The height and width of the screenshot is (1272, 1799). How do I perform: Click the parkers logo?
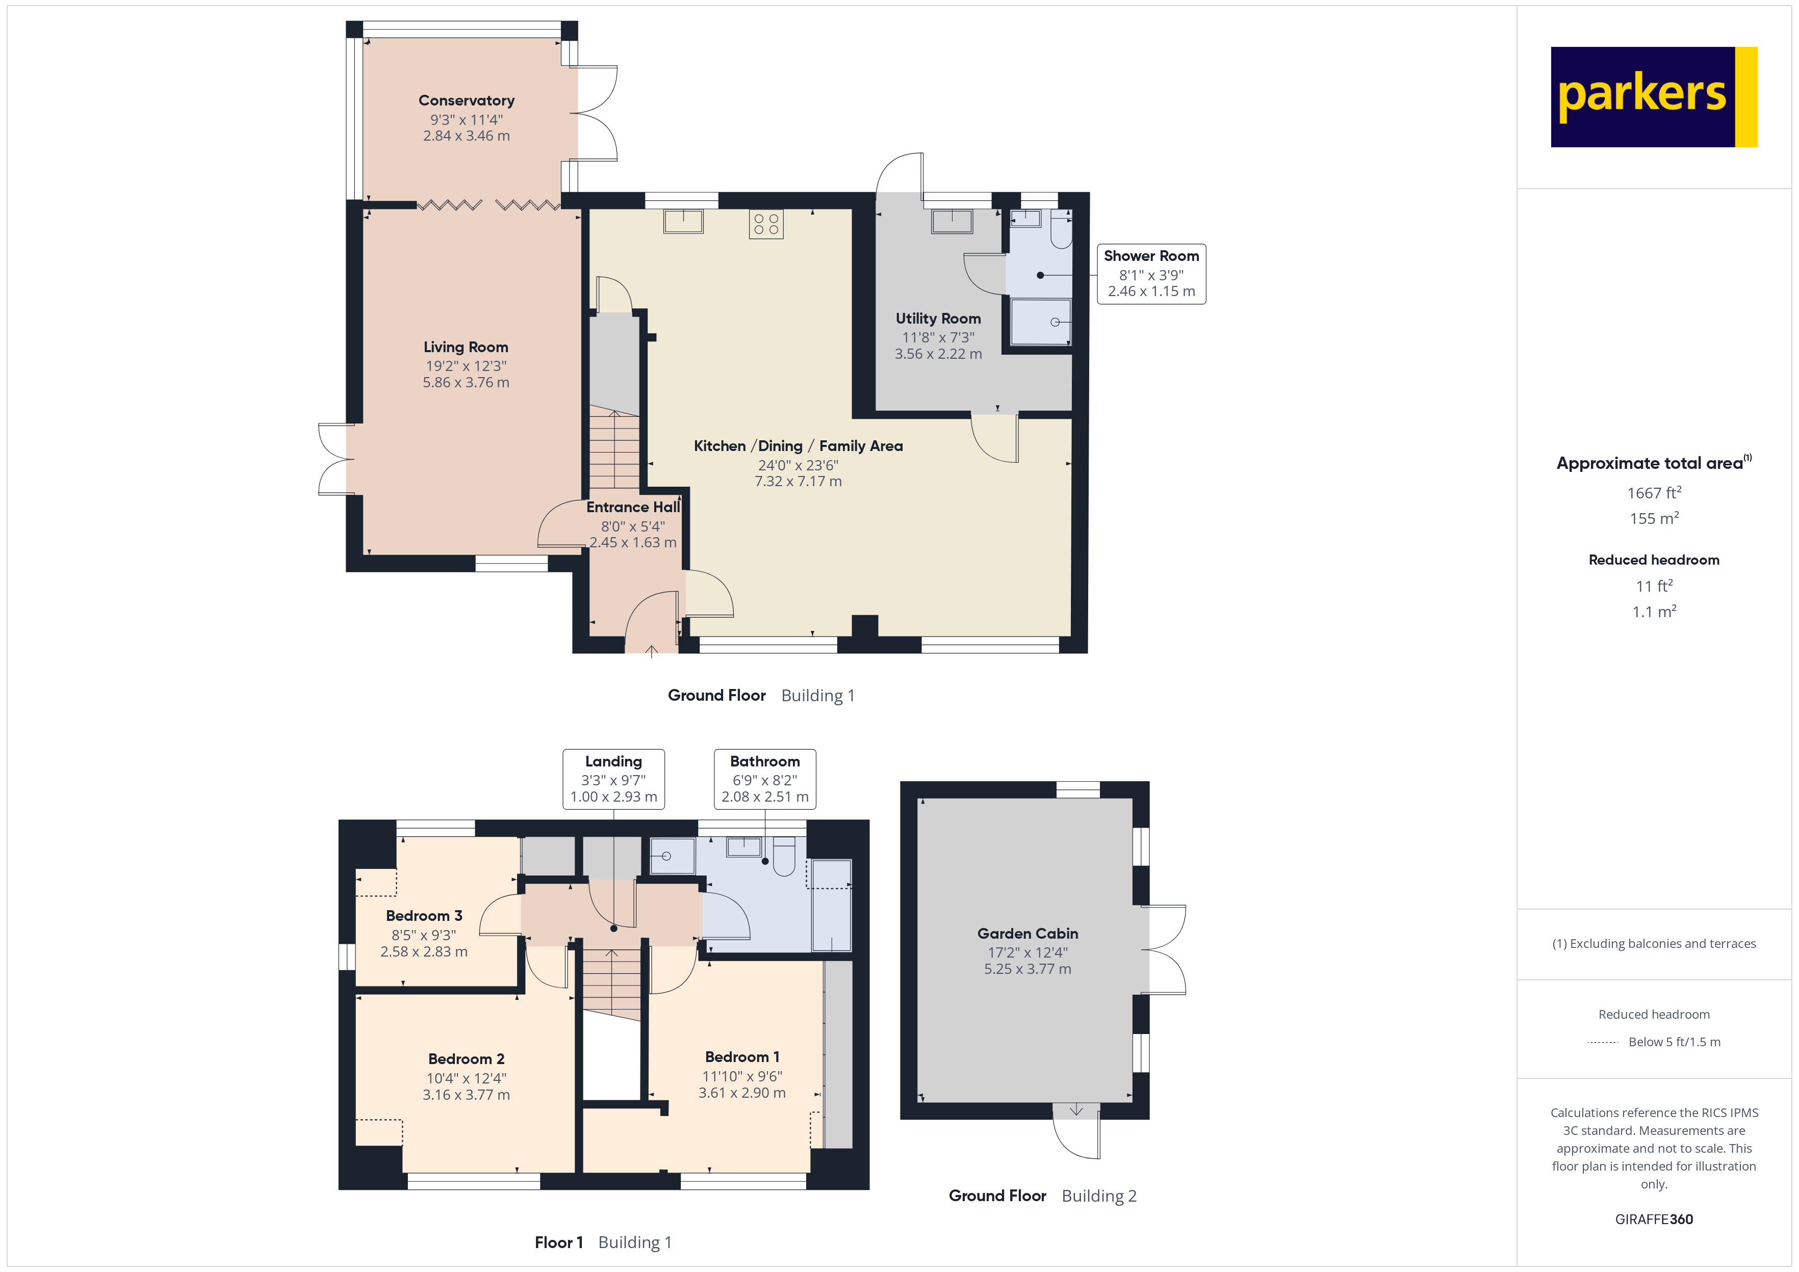(x=1653, y=97)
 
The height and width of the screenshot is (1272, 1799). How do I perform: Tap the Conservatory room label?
(x=466, y=100)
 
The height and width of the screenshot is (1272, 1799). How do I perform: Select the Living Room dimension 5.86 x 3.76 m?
(x=466, y=382)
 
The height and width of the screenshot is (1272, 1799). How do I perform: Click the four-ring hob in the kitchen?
(x=765, y=224)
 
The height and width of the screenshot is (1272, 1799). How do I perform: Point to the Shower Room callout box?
(x=1150, y=273)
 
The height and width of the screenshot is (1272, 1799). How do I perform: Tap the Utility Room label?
(x=938, y=318)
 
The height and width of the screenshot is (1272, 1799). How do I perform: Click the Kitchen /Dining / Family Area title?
(x=798, y=446)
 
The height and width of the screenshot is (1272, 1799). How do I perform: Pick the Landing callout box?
(x=613, y=779)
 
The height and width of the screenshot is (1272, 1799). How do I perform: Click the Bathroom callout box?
(x=765, y=779)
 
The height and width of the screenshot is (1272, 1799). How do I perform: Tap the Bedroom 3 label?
(x=424, y=916)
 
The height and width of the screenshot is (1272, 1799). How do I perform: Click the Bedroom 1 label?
(x=741, y=1056)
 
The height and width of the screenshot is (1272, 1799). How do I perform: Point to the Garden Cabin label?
(x=1027, y=933)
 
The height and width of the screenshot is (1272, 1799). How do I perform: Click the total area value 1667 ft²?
(x=1653, y=493)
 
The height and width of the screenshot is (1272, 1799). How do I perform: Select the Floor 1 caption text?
(x=559, y=1242)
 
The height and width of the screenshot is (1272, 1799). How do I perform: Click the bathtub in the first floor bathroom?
(x=831, y=905)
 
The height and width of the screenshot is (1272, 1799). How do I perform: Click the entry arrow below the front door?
(x=651, y=651)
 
